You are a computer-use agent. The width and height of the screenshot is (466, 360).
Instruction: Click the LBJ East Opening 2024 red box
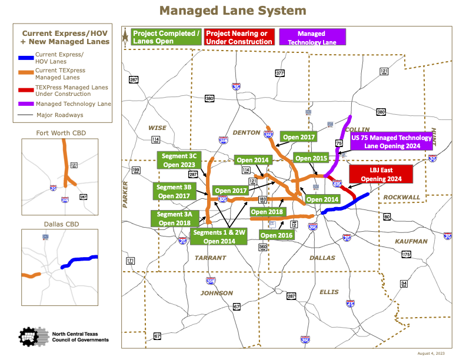(x=380, y=174)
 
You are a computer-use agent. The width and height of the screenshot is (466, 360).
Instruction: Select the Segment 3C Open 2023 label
(x=179, y=160)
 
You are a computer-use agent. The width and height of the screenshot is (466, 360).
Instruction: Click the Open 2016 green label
(x=277, y=235)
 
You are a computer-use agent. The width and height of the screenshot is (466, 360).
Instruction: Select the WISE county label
(x=158, y=128)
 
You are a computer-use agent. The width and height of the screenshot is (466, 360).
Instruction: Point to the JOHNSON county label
(x=217, y=293)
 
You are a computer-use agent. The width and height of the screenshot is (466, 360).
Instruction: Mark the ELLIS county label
(x=329, y=292)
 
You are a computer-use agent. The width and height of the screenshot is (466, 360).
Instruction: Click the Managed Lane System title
(x=233, y=11)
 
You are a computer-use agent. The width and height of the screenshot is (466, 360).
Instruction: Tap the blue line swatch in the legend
(x=25, y=58)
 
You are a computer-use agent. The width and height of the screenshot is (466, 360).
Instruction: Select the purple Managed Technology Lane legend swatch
(x=25, y=104)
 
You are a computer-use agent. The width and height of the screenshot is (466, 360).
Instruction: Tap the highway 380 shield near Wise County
(x=209, y=98)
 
